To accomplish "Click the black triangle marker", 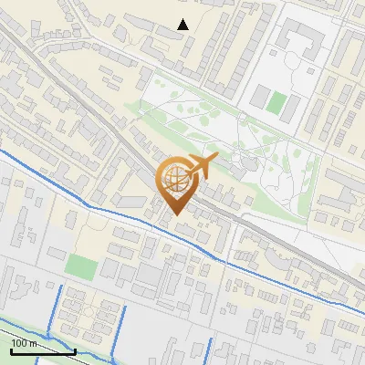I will (183, 25).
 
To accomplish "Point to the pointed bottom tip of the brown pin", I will (173, 215).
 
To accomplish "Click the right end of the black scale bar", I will (74, 351).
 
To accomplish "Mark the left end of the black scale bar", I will (11, 351).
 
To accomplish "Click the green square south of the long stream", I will (81, 267).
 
